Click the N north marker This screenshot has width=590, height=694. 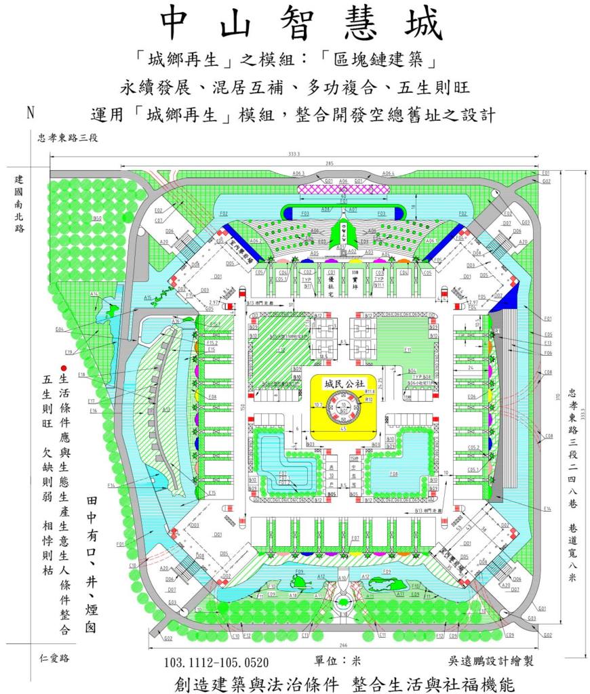click(x=30, y=113)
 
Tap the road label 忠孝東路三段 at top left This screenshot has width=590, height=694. click(x=68, y=138)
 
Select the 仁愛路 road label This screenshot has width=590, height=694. click(x=54, y=657)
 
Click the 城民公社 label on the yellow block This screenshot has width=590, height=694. click(x=340, y=383)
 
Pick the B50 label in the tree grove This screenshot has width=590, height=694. click(x=97, y=218)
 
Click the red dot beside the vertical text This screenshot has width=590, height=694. click(x=63, y=367)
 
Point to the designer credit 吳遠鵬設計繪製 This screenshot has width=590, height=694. click(x=472, y=661)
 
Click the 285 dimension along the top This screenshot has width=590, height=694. click(x=348, y=163)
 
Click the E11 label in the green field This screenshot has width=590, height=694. click(x=408, y=350)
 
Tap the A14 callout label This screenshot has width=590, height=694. click(x=94, y=293)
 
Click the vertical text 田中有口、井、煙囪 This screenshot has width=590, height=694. click(x=90, y=563)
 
